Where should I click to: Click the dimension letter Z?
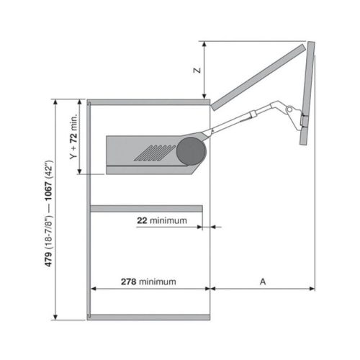coord(194,71)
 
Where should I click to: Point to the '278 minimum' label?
coord(148,281)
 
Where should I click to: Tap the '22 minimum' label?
coord(162,220)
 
